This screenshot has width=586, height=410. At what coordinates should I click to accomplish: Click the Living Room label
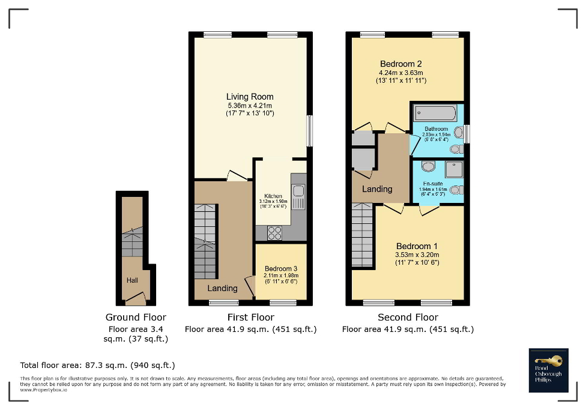tap(250, 97)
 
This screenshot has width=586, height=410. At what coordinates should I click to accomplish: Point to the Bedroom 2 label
tap(401, 64)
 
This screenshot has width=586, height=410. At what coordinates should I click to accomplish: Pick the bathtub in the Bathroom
tap(434, 113)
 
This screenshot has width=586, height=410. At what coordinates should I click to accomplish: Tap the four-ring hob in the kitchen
tap(274, 233)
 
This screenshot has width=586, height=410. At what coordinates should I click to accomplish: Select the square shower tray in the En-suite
tap(455, 169)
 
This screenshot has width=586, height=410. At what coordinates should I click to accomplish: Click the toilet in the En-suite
tap(456, 190)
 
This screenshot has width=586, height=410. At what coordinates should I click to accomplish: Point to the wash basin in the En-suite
tap(429, 167)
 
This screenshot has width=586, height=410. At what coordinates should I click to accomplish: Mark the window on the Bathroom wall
tap(467, 133)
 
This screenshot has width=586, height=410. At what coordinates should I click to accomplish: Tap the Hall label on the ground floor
tap(132, 280)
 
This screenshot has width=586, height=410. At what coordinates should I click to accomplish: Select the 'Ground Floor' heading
tap(136, 317)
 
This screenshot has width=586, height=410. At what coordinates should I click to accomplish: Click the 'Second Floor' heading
tap(408, 317)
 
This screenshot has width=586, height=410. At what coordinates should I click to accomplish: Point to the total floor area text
tap(97, 365)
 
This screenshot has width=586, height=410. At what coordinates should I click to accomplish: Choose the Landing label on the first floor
tap(222, 288)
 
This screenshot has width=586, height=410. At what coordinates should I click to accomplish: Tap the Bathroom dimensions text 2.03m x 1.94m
tap(436, 136)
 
